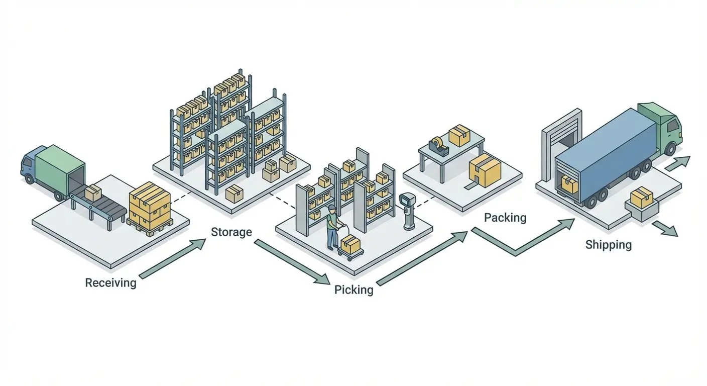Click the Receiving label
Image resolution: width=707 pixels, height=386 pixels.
click(x=110, y=282)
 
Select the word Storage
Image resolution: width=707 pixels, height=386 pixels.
click(x=231, y=232)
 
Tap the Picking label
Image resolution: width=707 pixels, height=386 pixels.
click(x=353, y=290)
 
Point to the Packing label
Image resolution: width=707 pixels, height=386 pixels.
click(x=505, y=218)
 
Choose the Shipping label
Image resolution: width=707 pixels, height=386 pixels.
click(x=608, y=245)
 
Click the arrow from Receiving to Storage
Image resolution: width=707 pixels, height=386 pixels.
click(x=172, y=258)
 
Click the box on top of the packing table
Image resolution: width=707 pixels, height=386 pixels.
click(x=458, y=135)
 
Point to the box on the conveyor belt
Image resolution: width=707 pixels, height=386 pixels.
click(x=93, y=193)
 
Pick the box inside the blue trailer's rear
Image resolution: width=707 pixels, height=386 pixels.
click(x=569, y=184)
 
